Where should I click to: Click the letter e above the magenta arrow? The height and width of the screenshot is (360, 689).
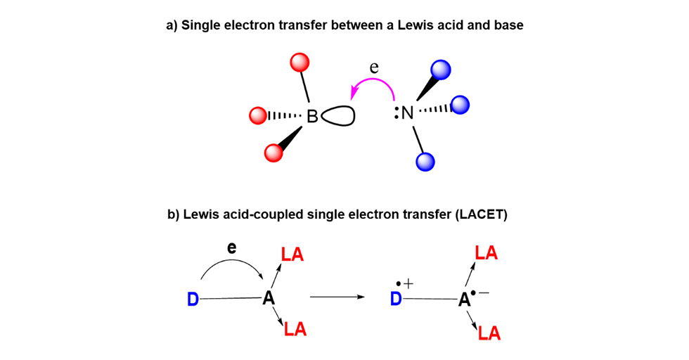point(374,68)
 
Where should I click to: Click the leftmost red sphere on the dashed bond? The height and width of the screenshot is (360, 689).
point(257,115)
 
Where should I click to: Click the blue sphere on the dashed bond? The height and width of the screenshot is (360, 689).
point(461,105)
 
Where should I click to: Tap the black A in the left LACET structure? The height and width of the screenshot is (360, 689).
point(268,298)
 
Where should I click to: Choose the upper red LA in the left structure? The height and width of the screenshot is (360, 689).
point(292,255)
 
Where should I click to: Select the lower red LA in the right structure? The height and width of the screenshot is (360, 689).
point(489,333)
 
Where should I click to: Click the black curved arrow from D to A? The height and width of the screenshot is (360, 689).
point(232,262)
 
